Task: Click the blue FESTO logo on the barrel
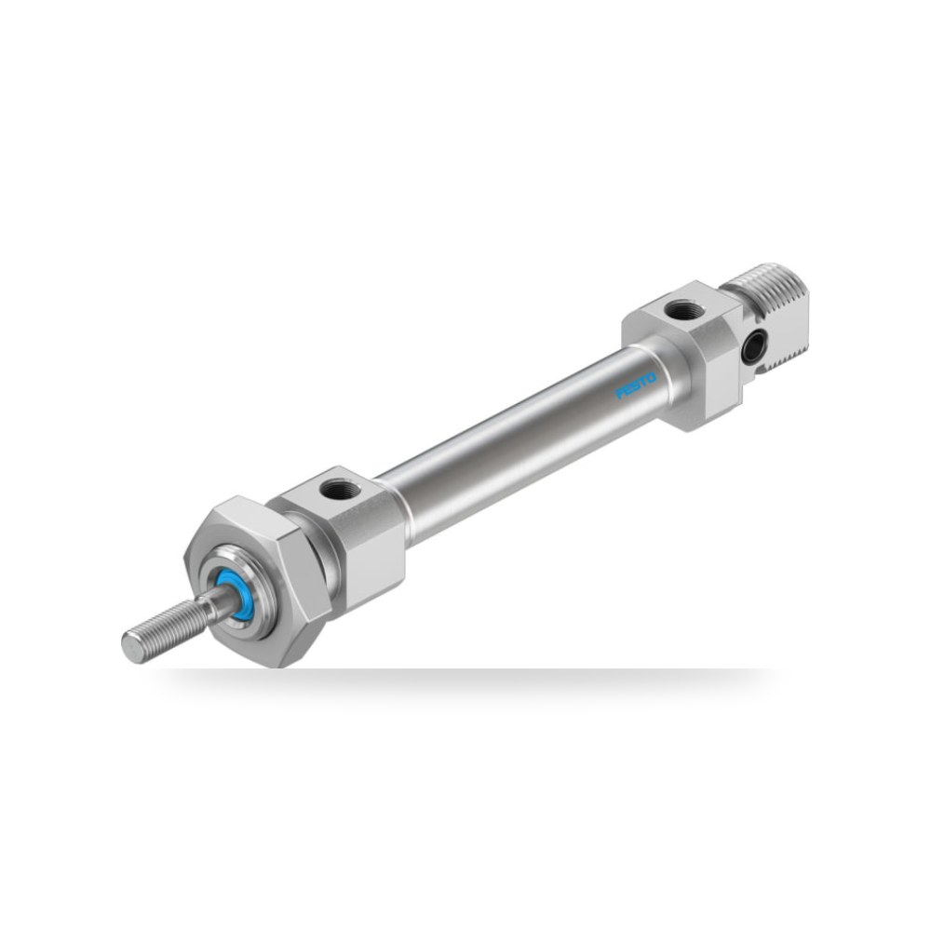636,385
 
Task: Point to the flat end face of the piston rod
132,646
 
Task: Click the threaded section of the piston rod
167,630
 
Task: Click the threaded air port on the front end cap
340,490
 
